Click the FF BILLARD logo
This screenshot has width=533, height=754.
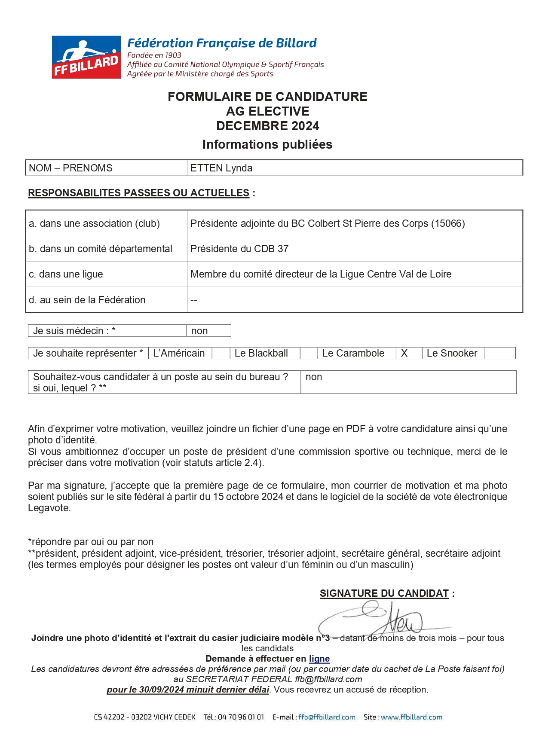click(x=86, y=57)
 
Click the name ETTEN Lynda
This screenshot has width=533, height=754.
click(x=221, y=168)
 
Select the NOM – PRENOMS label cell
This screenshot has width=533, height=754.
click(x=70, y=168)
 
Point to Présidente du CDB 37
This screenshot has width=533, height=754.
click(x=239, y=249)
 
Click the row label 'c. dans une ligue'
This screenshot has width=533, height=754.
click(x=66, y=274)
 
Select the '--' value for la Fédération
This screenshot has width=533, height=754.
click(x=194, y=300)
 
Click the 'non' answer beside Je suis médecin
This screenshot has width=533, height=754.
click(x=199, y=331)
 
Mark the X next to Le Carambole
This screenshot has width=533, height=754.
click(x=404, y=353)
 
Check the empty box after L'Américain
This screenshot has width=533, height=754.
click(x=221, y=353)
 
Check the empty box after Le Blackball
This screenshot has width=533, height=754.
click(x=308, y=353)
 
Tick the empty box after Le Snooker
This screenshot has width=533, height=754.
click(x=499, y=353)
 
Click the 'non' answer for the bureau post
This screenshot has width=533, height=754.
click(x=314, y=377)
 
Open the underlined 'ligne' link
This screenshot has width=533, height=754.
click(x=319, y=659)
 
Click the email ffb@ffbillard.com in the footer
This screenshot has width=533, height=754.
click(x=327, y=717)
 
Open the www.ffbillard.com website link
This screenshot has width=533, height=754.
click(x=411, y=717)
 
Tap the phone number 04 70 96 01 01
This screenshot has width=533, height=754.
click(x=241, y=717)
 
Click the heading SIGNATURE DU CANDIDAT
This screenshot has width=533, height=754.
click(x=384, y=593)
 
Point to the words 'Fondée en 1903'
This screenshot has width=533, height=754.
click(x=154, y=55)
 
